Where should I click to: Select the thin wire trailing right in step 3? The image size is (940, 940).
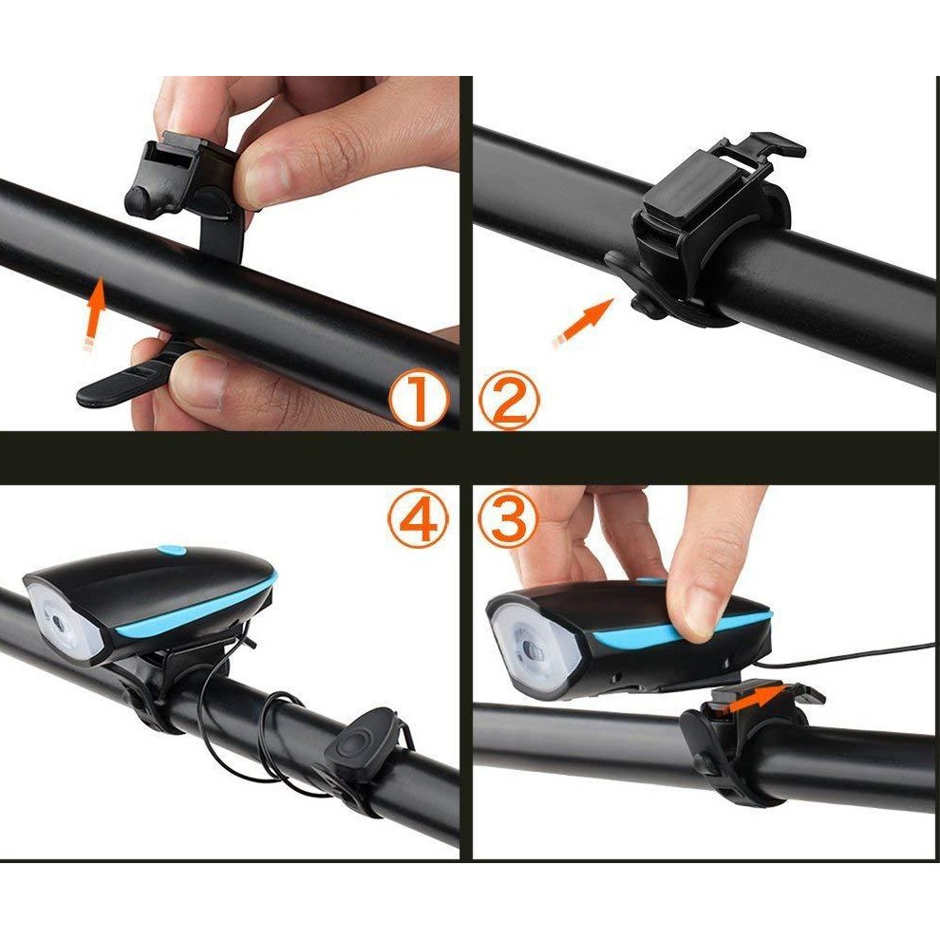click(x=855, y=653)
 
